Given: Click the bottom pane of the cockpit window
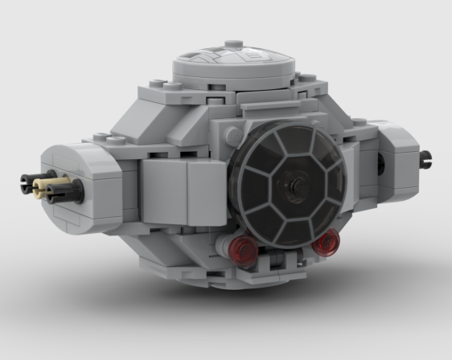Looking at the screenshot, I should [x=294, y=226].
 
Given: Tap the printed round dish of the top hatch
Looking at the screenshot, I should [x=233, y=61].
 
